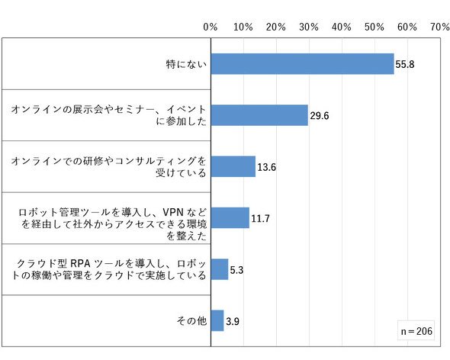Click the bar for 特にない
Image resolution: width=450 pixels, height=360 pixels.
303,64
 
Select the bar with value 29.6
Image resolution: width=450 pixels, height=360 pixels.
259,115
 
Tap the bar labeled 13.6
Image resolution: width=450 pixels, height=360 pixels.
233,166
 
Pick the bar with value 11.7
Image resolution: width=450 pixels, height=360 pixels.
230,218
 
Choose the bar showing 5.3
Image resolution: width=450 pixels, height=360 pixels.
220,269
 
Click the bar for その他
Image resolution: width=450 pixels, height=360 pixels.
217,320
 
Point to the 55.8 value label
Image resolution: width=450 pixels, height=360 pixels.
405,64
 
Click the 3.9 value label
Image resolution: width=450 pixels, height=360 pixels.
233,321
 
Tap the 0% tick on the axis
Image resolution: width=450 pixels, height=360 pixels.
211,27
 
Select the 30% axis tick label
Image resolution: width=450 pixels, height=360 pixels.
309,27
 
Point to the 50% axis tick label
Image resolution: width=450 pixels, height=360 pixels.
374,27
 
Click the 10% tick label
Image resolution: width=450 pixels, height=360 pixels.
243,27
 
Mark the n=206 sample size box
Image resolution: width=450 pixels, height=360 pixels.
416,331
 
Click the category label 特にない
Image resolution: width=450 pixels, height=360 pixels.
186,64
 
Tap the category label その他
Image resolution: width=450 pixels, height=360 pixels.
191,320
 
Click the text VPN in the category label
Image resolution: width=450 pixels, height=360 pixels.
173,212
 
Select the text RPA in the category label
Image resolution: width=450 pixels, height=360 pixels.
80,264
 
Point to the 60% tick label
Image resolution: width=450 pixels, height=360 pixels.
407,27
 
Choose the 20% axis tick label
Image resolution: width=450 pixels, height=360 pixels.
276,27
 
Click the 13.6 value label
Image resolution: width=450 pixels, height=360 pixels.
267,167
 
